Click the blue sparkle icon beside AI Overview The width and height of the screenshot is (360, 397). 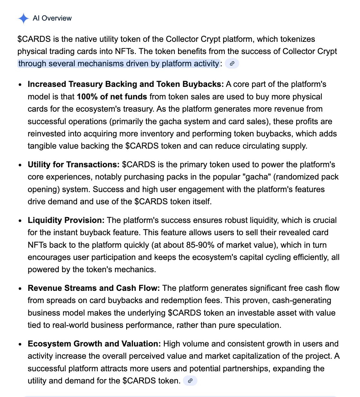[24, 18]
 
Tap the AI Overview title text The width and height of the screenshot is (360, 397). [52, 18]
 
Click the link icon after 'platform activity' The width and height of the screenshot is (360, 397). [232, 63]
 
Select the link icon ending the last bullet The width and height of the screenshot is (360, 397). [190, 381]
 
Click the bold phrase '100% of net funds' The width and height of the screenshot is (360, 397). [112, 97]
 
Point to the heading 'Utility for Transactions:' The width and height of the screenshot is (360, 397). [74, 165]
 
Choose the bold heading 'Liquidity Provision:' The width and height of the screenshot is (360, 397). [66, 220]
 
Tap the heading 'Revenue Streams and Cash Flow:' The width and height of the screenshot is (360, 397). [94, 288]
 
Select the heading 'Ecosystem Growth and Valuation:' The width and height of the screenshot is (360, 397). [94, 344]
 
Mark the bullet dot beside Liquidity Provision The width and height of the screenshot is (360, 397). [21, 221]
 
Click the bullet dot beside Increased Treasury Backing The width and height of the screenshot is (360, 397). [21, 85]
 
